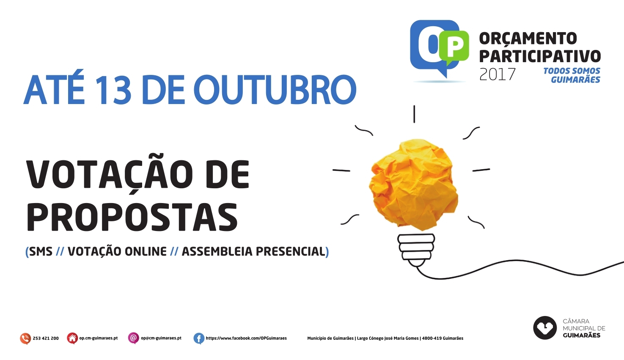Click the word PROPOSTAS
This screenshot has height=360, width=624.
[132, 217]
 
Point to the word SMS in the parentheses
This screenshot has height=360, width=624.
[41, 251]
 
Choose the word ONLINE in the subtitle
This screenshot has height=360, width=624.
[146, 251]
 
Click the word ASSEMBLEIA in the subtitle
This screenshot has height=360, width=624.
[217, 251]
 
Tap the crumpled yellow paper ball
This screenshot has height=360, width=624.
[413, 185]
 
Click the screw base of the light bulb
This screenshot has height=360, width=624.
[416, 250]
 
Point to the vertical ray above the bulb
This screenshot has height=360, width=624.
[414, 114]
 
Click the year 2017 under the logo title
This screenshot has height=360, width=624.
[497, 74]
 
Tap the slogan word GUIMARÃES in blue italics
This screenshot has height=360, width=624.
[575, 80]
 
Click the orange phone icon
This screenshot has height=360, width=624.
[25, 338]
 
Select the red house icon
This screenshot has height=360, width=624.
[72, 338]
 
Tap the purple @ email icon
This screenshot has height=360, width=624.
[133, 338]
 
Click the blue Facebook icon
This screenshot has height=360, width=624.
[199, 338]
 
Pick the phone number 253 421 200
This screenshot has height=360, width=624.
[46, 338]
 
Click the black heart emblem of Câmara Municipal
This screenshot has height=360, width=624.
[545, 328]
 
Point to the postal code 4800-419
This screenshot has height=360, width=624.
[432, 338]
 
